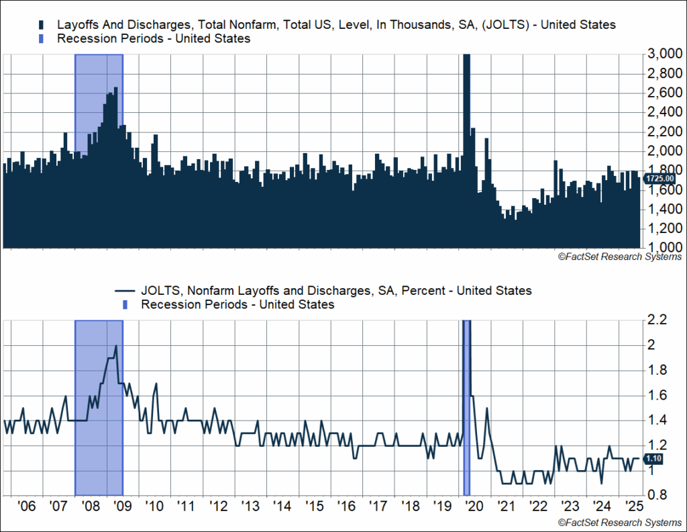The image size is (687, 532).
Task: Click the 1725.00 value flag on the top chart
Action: pos(659,178)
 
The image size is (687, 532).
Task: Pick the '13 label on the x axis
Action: pos(251,506)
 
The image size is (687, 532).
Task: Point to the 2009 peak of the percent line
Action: pos(116,346)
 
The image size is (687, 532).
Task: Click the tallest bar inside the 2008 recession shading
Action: pos(116,88)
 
